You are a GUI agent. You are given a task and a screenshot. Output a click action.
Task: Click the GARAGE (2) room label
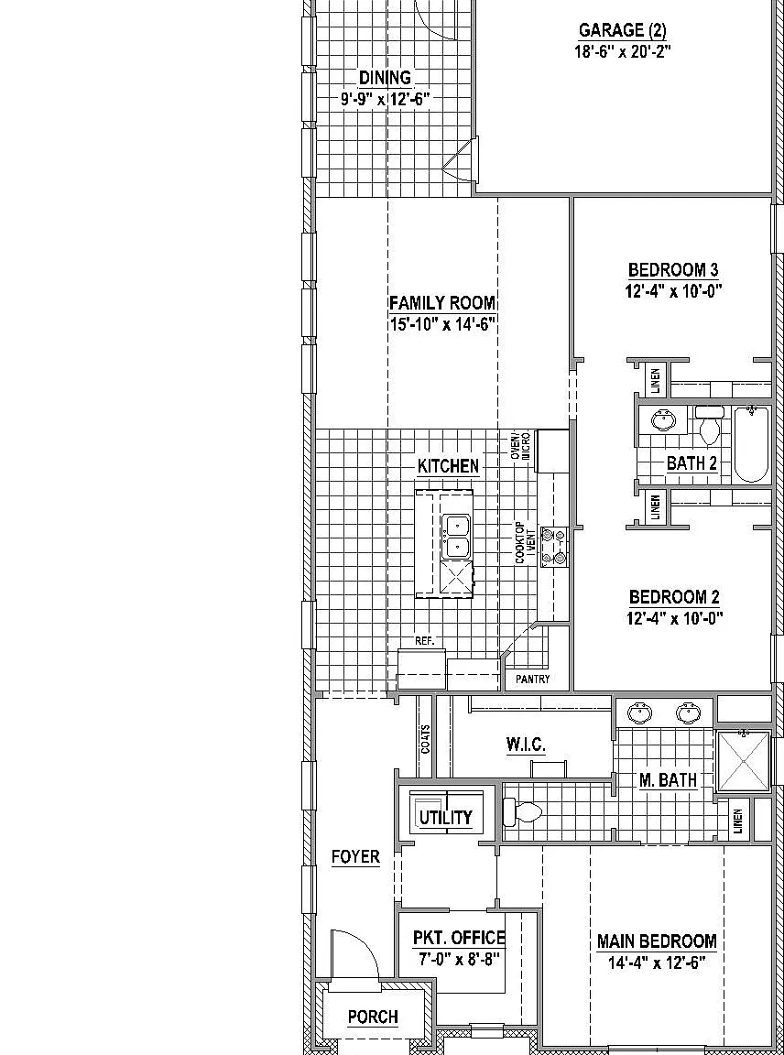point(622,30)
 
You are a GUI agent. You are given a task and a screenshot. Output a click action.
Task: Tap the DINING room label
point(385,78)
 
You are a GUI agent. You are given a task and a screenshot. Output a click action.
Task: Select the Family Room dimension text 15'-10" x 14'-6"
point(442,324)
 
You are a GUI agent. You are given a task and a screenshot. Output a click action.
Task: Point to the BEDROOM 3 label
point(673,270)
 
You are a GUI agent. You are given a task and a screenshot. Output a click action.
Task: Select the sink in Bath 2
point(663,420)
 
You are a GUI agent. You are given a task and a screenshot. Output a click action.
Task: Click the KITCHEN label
point(448,465)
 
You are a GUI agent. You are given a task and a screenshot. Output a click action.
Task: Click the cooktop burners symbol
point(554,547)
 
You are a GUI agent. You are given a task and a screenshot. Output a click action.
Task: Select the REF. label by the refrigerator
point(425,641)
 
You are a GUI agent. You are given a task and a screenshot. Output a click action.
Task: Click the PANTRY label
point(533,680)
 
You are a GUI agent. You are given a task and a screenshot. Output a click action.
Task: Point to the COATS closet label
point(425,739)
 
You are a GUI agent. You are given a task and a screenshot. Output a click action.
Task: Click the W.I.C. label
point(526,745)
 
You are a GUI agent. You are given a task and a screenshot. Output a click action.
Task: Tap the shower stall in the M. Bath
point(743,761)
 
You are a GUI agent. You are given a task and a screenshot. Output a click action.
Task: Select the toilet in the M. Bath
point(521,813)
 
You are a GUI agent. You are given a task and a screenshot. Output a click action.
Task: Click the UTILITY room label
point(445,818)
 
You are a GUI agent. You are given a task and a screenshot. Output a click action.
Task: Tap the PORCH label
point(373,1017)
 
